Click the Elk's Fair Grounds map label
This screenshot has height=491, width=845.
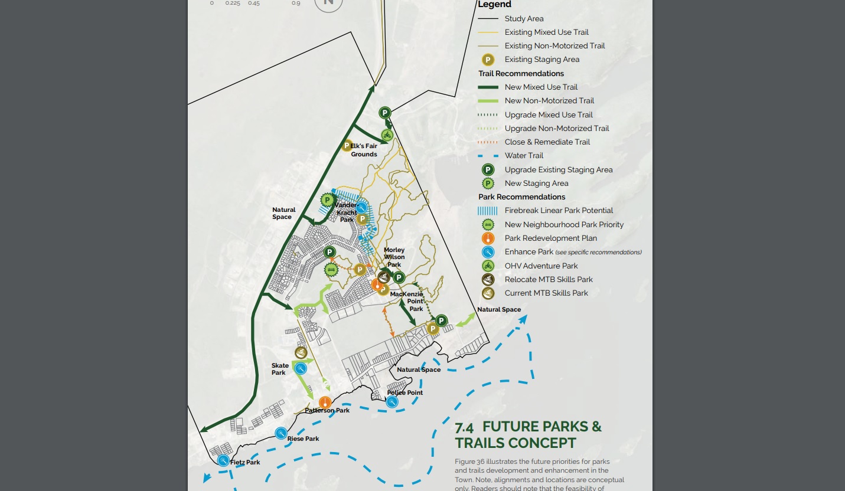364,150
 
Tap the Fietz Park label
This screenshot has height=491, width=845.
245,462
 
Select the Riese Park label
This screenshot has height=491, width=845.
303,438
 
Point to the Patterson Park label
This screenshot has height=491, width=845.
327,410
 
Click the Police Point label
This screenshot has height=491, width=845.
405,392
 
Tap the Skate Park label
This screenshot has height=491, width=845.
280,369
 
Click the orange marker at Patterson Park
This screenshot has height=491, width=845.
324,402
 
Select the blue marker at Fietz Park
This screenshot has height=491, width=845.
223,460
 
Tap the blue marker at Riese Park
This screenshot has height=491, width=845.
281,433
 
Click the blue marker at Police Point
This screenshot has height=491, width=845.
392,402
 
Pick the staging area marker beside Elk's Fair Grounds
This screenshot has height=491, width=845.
347,145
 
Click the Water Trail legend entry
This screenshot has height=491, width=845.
524,156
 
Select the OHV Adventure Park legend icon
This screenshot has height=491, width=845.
488,266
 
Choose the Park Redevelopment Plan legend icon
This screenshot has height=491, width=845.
488,238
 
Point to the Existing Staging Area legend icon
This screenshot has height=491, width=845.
488,60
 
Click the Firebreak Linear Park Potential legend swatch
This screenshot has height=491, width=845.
488,211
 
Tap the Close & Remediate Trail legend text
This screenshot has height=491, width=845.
539,142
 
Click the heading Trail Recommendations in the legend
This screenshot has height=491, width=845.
521,74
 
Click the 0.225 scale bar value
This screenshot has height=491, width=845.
233,3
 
